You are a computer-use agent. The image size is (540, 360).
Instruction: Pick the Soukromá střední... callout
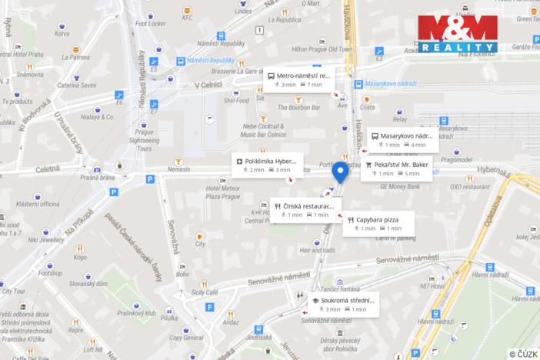coord(343,305)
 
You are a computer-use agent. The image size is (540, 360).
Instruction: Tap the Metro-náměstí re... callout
coord(300,80)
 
